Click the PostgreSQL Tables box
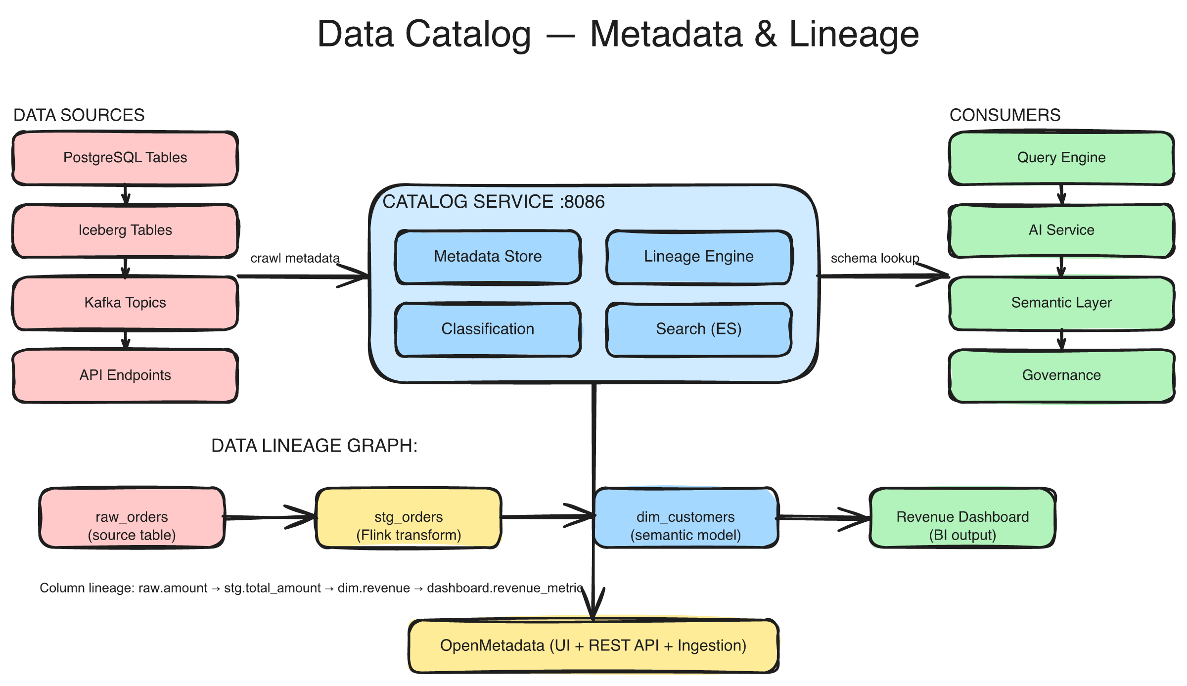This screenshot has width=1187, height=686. tap(125, 158)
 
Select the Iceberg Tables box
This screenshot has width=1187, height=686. tap(125, 230)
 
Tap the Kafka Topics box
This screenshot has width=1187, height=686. tap(125, 303)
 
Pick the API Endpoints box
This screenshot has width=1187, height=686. tap(125, 375)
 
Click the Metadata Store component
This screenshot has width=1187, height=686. tap(488, 257)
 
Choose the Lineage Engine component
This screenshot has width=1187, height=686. tap(698, 257)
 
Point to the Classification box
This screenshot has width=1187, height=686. tap(488, 329)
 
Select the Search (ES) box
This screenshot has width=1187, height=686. tap(698, 329)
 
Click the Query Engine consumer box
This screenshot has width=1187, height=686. tap(1061, 158)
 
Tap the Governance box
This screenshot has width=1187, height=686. tap(1061, 375)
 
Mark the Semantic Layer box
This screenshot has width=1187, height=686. tap(1061, 303)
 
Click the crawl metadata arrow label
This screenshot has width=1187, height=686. tap(295, 258)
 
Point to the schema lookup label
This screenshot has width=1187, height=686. tap(874, 258)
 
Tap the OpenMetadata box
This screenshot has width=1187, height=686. tap(593, 645)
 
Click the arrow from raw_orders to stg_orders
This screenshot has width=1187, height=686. tap(270, 517)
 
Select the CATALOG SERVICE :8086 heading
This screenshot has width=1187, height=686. tap(493, 202)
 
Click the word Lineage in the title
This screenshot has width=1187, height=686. tap(854, 35)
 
